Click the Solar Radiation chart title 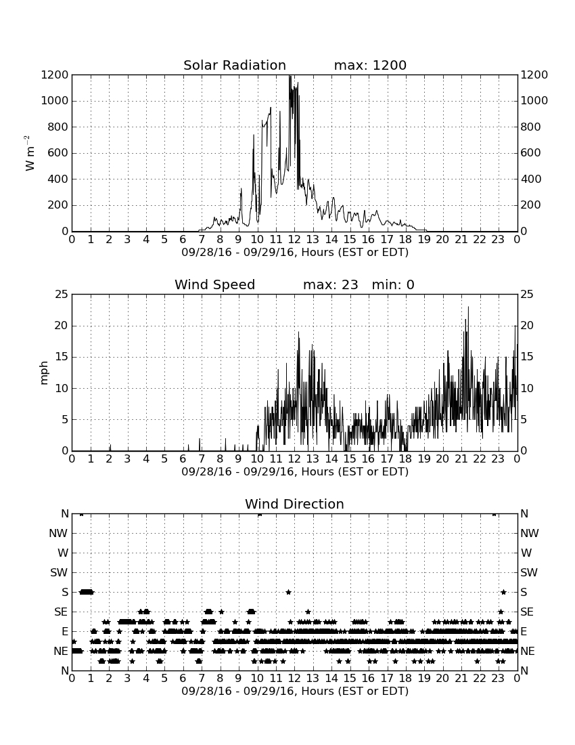click(234, 65)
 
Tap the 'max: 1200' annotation click(370, 65)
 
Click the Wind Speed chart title click(214, 284)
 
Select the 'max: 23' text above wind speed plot click(330, 284)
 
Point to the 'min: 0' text click(393, 284)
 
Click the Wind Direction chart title click(294, 504)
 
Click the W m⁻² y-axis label click(29, 153)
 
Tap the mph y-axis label click(44, 373)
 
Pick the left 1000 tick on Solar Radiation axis click(55, 101)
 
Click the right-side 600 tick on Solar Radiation click(531, 153)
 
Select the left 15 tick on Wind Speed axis click(62, 358)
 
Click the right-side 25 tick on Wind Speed click(527, 295)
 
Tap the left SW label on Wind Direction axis click(59, 572)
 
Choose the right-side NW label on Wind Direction click(530, 534)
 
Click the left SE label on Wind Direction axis click(61, 612)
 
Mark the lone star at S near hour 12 click(288, 592)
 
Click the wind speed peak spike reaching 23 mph click(468, 307)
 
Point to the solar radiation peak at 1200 click(290, 77)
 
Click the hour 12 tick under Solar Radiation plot click(294, 239)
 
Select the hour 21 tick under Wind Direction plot click(461, 678)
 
